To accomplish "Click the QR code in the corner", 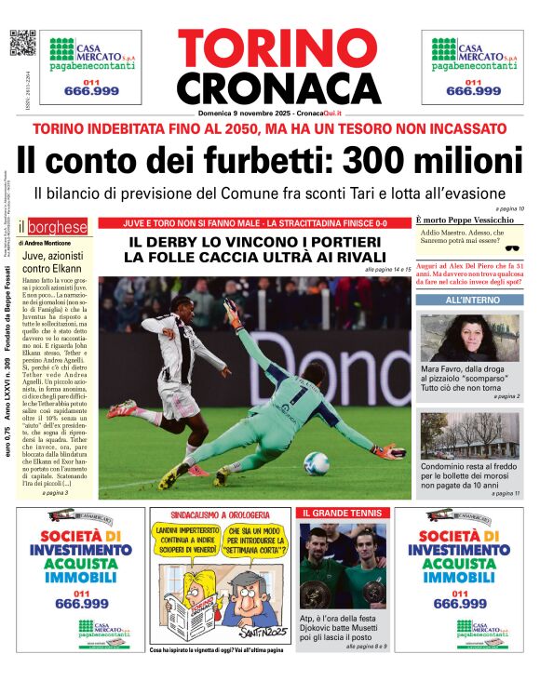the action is pos(21,44).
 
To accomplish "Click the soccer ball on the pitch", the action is pos(316,462).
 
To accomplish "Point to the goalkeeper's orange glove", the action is pos(389,451).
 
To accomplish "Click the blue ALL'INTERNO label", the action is pos(471,300).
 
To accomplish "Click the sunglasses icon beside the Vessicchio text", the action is pos(511,248).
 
